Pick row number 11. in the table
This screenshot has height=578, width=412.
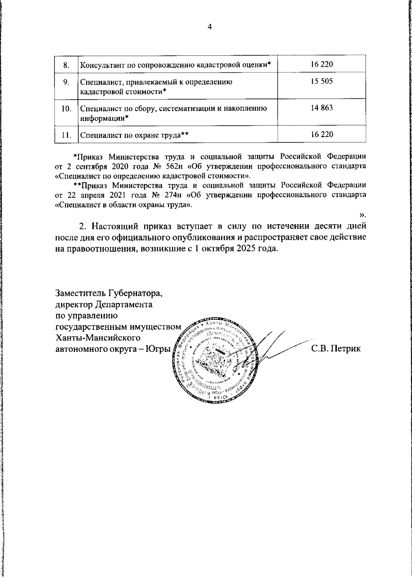(x=66, y=135)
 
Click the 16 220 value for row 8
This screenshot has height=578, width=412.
(x=322, y=64)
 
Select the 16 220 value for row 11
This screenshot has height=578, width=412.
(x=322, y=134)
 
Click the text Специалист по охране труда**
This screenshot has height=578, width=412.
(x=135, y=135)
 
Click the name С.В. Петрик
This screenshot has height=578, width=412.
(x=336, y=349)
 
